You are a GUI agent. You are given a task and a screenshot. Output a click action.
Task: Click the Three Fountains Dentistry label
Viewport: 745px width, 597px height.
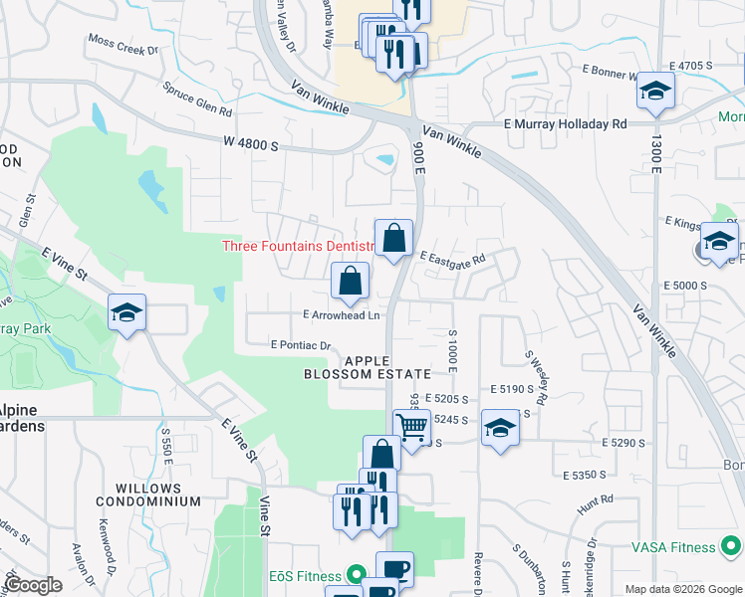[298, 246]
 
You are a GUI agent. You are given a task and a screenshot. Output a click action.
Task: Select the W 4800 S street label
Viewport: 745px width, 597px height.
[251, 144]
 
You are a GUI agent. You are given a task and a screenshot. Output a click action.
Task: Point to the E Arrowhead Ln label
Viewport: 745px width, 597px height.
[342, 315]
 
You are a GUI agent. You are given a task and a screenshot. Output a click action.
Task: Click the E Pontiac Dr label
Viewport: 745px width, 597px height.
[301, 345]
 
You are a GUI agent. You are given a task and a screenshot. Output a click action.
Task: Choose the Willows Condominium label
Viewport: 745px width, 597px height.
[148, 495]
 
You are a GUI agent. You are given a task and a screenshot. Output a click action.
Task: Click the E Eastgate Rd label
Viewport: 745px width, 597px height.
[452, 258]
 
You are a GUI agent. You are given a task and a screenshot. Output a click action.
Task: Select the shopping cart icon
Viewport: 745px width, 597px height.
[412, 428]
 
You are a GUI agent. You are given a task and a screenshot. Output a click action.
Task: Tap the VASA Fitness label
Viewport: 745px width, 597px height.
[673, 547]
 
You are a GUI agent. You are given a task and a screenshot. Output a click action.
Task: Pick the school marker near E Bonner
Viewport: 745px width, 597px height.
[654, 91]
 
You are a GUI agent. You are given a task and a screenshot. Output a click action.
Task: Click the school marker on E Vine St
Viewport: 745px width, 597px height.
[127, 313]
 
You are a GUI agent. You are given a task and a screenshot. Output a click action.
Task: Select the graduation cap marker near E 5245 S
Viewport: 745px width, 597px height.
[500, 428]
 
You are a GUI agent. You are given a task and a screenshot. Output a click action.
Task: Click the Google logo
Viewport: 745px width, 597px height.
[33, 585]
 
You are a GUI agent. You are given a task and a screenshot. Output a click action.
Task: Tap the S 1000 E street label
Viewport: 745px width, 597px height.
[451, 350]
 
